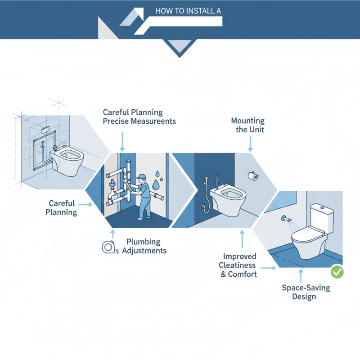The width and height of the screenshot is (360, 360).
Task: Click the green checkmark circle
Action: pyautogui.click(x=337, y=272)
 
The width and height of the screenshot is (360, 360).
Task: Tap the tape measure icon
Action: pyautogui.click(x=110, y=247)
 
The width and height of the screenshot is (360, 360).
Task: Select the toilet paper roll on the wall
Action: pyautogui.click(x=253, y=175)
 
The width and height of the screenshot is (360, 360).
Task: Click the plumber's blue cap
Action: pyautogui.click(x=141, y=176)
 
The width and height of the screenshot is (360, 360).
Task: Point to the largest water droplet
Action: pyautogui.click(x=156, y=184)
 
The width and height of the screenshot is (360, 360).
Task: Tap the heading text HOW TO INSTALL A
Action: pyautogui.click(x=188, y=11)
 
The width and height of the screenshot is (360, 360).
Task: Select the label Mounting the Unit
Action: pyautogui.click(x=248, y=125)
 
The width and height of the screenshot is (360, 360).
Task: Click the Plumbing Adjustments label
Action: pyautogui.click(x=144, y=246)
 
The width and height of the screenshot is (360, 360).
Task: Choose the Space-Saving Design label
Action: pyautogui.click(x=306, y=292)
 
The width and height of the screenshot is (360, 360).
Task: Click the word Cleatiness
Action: pyautogui.click(x=237, y=265)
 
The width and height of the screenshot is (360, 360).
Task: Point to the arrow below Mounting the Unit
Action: pyautogui.click(x=250, y=144)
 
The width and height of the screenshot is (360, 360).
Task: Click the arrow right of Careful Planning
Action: pyautogui.click(x=85, y=204)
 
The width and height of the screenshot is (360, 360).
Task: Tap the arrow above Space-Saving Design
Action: pyautogui.click(x=301, y=275)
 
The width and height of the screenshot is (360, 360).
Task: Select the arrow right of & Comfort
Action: pyautogui.click(x=268, y=268)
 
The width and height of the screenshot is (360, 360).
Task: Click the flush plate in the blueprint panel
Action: pyautogui.click(x=45, y=130)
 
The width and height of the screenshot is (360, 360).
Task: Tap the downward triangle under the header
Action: pyautogui.click(x=180, y=48)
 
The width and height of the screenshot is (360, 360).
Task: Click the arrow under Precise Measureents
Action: pyautogui.click(x=122, y=142)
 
